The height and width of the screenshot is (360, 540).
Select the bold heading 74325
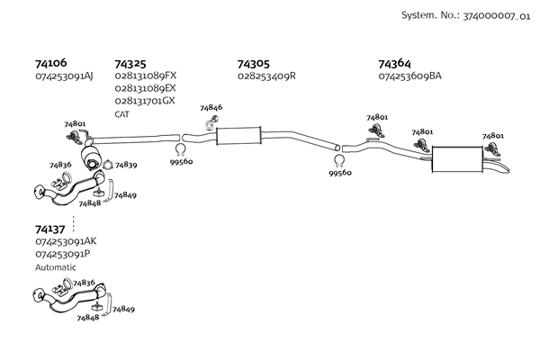click(130, 64)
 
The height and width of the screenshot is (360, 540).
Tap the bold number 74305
click(253, 64)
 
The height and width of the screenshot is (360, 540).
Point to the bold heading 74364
click(394, 64)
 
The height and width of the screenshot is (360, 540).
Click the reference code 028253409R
click(266, 76)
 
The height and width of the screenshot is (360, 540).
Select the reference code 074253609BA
click(410, 76)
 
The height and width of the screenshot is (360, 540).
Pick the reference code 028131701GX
click(145, 101)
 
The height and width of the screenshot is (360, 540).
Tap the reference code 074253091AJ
click(65, 76)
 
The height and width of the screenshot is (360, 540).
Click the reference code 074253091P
click(63, 254)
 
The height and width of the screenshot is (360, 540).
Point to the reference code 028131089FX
click(146, 76)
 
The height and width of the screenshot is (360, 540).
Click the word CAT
click(121, 114)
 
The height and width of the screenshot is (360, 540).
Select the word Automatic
click(56, 267)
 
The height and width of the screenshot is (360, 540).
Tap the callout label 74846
click(211, 108)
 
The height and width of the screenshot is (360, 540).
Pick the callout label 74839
click(126, 166)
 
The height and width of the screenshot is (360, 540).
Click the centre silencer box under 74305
click(238, 137)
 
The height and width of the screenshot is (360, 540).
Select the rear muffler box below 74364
click(463, 158)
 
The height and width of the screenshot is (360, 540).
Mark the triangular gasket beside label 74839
click(108, 165)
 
